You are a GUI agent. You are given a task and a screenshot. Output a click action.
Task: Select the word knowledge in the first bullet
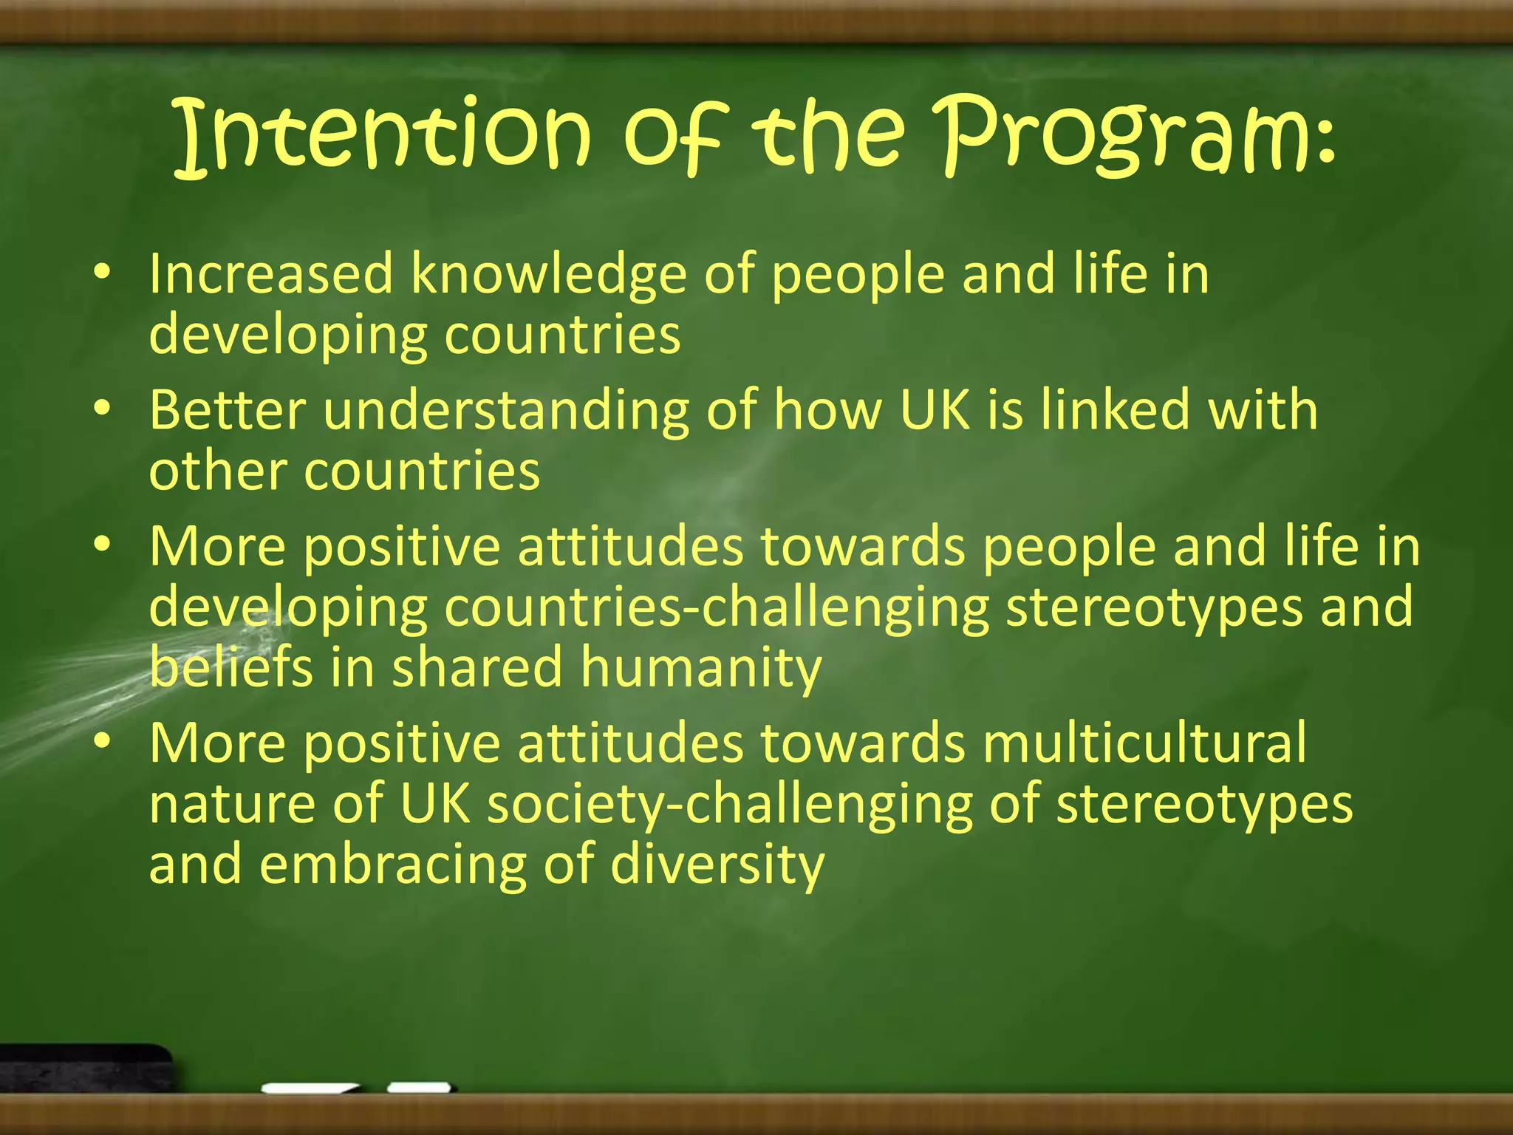coord(547,275)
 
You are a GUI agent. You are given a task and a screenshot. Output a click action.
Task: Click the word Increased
coord(270,275)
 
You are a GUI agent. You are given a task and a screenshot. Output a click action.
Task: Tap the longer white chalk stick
coord(310,1088)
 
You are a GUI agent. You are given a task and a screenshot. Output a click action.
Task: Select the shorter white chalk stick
coord(419,1087)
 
